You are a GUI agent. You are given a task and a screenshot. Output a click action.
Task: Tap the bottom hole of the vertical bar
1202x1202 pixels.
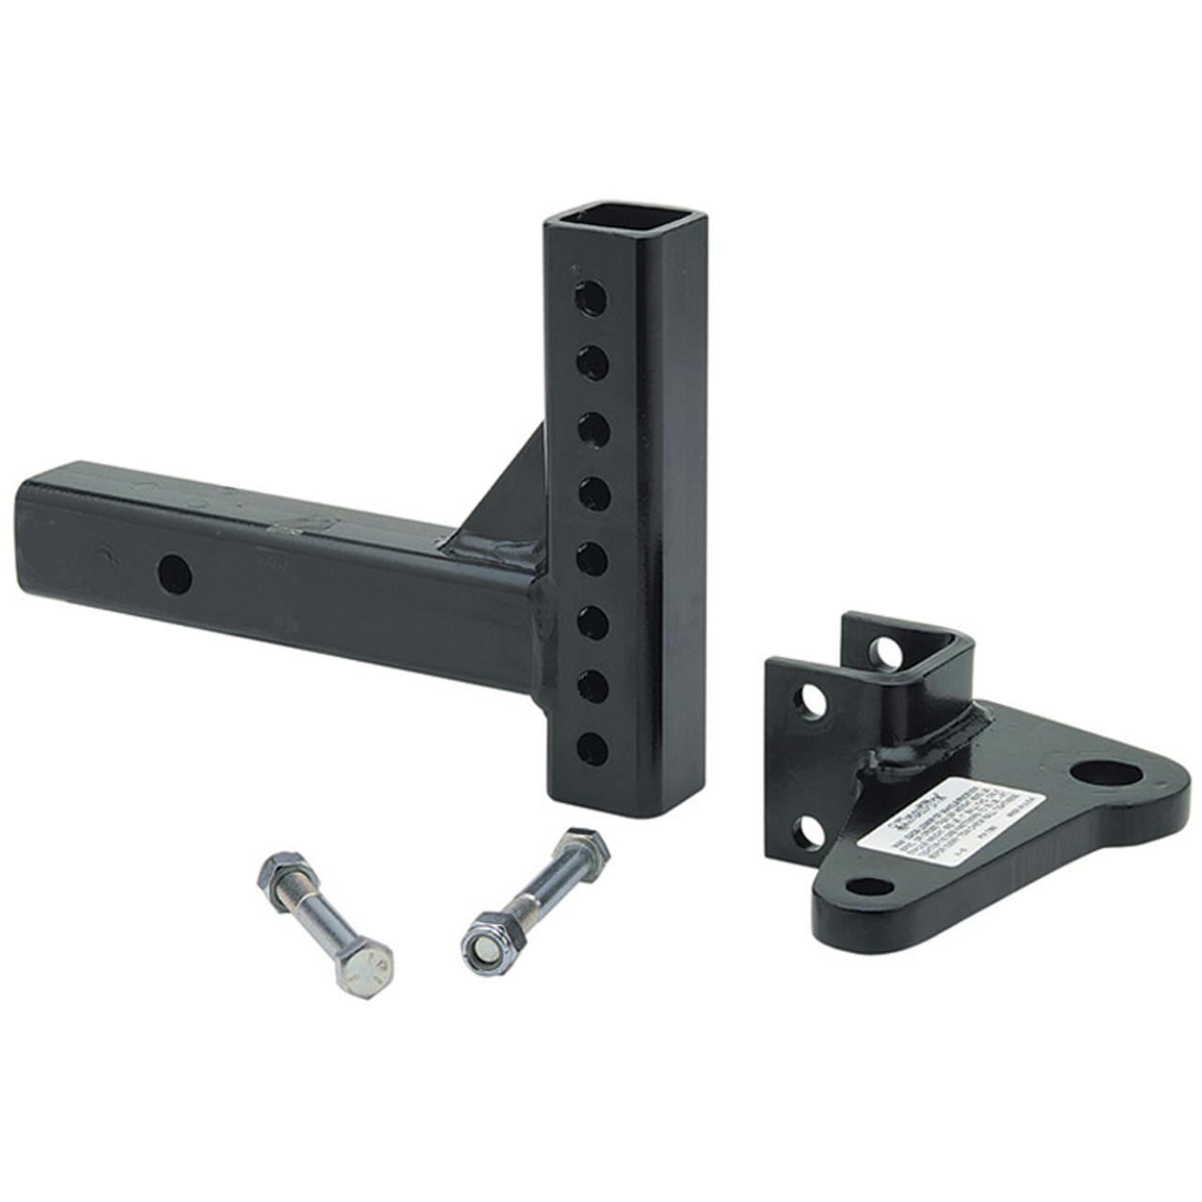point(592,747)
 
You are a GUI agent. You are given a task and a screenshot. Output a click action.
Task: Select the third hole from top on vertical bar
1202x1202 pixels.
point(592,427)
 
